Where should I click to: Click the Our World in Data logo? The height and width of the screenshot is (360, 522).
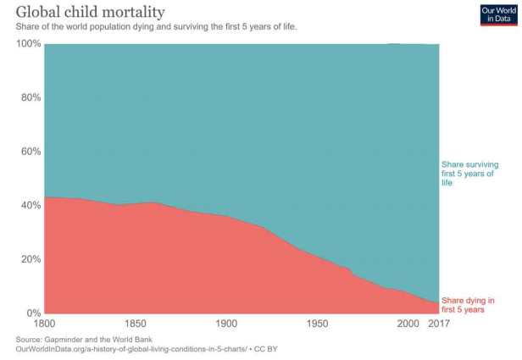[498, 14]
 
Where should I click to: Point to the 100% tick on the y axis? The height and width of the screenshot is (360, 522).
[28, 44]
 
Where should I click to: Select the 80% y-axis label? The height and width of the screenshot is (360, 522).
[31, 97]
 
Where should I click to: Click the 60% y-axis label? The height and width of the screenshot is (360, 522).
[31, 152]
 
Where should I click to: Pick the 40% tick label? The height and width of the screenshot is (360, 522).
[31, 206]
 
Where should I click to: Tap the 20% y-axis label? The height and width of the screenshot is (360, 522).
[31, 259]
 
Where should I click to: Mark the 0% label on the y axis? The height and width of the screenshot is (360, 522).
[33, 313]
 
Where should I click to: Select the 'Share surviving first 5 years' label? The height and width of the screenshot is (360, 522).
[469, 173]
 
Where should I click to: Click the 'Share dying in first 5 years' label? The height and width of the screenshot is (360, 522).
[468, 305]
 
